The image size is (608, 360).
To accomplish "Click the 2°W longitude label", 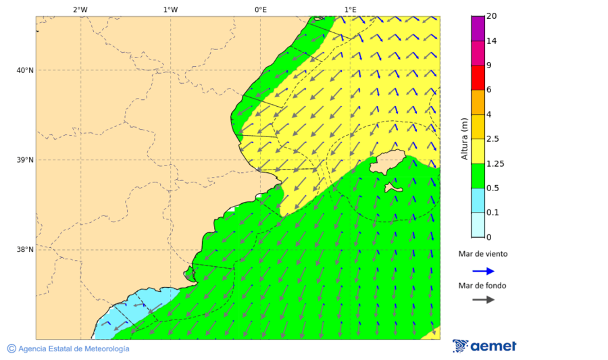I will click(80, 9).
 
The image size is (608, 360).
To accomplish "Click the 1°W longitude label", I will click(170, 9).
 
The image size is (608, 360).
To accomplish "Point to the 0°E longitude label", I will click(260, 9).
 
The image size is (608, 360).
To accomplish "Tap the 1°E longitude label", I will click(350, 9).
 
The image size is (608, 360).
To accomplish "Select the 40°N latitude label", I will click(25, 70).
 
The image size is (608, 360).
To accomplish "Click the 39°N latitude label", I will click(25, 160).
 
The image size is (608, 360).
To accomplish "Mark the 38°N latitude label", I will click(25, 249).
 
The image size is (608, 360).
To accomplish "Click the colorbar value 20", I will click(492, 16).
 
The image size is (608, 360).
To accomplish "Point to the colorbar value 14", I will click(492, 41).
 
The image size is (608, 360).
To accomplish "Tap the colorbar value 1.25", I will click(495, 163).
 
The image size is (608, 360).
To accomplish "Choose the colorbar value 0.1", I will click(492, 213).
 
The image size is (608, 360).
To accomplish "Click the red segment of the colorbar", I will click(478, 78).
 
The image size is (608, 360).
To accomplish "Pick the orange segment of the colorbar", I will click(478, 102).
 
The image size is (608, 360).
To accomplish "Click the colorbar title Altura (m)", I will click(464, 138).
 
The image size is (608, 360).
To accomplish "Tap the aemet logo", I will click(484, 346).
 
